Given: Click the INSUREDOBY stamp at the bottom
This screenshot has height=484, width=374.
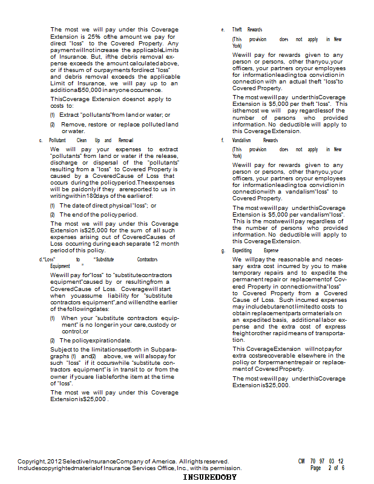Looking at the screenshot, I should [x=210, y=477].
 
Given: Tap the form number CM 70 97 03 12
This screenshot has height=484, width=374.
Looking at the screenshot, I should [x=321, y=461].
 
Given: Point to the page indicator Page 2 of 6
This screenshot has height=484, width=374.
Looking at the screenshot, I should [x=327, y=468].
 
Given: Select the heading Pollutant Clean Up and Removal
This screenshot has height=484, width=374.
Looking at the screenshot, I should [x=91, y=140].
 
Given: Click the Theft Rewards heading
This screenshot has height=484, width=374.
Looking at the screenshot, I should [x=247, y=30].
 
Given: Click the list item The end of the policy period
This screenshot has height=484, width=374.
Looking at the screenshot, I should [x=99, y=214].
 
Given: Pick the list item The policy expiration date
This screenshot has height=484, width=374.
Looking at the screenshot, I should [x=96, y=340].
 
